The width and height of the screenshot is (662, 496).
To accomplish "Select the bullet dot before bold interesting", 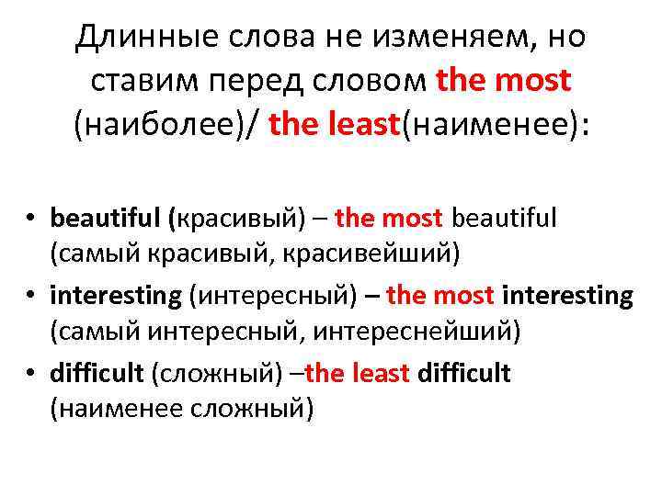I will [30, 297].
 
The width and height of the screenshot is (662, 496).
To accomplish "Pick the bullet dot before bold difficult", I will [30, 374].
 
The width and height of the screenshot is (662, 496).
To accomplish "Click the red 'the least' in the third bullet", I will [358, 373].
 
